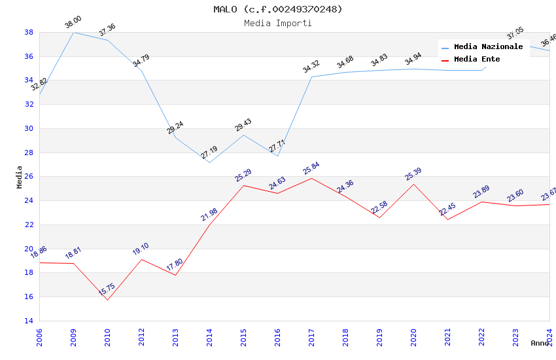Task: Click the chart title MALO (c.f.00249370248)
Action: click(277, 9)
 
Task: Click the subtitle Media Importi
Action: click(277, 24)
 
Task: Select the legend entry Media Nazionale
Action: click(488, 47)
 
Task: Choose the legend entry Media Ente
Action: click(477, 60)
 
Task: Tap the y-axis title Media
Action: click(20, 177)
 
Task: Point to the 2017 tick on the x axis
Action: click(311, 337)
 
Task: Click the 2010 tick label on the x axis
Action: click(107, 337)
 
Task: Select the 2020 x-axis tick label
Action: click(413, 337)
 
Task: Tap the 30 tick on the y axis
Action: click(29, 128)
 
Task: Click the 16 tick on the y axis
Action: click(29, 297)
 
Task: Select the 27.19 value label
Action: click(209, 153)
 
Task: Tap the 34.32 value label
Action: click(311, 67)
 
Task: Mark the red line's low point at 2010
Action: click(107, 300)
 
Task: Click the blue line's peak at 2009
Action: click(73, 32)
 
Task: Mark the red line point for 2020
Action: click(413, 184)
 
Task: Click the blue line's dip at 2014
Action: click(209, 162)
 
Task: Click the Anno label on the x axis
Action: click(540, 343)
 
